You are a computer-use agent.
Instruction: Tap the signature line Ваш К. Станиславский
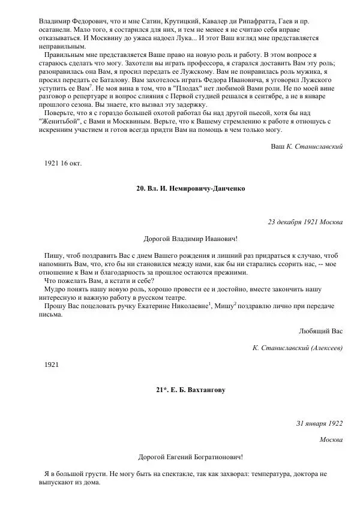point(303,146)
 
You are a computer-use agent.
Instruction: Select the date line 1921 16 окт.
point(63,163)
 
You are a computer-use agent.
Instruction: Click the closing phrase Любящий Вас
point(320,331)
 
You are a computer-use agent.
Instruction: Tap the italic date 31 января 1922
point(319,423)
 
